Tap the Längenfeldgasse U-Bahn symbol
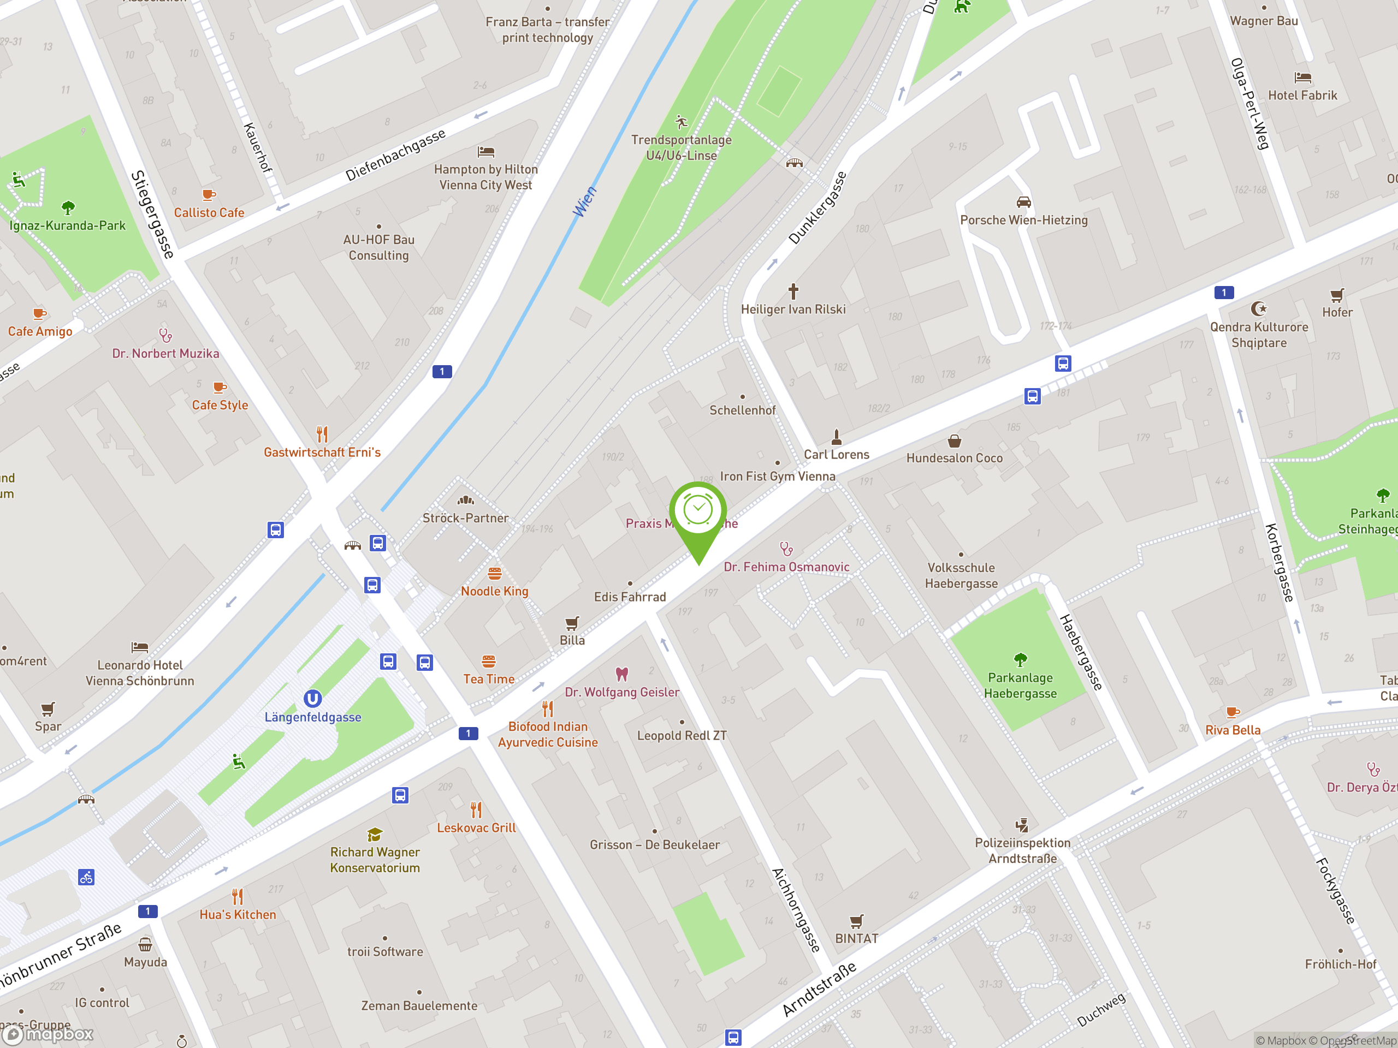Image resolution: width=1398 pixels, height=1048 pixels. [312, 698]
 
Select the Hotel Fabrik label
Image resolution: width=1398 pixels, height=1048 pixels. [1302, 96]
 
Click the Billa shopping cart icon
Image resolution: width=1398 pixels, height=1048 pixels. [572, 623]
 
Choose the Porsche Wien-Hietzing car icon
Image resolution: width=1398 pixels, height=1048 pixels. [1023, 202]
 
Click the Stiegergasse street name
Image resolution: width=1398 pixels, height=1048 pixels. [152, 214]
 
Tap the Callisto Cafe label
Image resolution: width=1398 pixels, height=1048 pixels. [209, 213]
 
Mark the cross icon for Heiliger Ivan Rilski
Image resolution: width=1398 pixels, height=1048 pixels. [793, 291]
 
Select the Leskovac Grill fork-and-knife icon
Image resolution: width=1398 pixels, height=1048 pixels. [476, 809]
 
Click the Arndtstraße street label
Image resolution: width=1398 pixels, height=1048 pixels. [819, 989]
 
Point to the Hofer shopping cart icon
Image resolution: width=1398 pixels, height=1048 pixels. [1337, 295]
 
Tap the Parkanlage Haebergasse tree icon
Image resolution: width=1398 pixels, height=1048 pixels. [1020, 660]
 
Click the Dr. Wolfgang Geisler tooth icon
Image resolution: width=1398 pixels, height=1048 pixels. [622, 674]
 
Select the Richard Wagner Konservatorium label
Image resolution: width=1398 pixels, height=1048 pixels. [375, 860]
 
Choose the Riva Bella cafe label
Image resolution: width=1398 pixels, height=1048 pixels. [1233, 730]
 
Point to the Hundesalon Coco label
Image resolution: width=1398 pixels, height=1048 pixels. [955, 458]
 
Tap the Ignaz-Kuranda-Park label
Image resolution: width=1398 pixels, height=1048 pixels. [67, 225]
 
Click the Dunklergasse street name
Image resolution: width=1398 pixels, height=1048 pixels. [816, 208]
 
